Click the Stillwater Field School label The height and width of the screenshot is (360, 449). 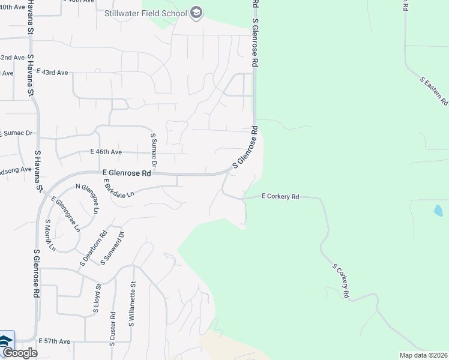click(145, 13)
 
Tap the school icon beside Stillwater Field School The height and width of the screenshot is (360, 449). click(196, 13)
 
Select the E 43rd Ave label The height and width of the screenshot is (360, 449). click(52, 72)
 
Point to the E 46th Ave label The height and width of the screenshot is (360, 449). click(106, 152)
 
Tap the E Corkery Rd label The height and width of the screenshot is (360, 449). click(280, 196)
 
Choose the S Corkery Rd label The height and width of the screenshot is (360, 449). click(340, 281)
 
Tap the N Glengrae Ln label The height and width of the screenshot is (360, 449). click(88, 199)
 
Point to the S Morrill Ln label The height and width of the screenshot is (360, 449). click(50, 235)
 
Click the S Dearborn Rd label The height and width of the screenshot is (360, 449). click(94, 248)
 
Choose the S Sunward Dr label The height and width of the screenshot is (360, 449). click(112, 248)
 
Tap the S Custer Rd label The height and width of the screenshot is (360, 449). click(112, 328)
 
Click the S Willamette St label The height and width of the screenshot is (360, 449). click(132, 305)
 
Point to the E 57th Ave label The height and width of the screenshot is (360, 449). click(55, 341)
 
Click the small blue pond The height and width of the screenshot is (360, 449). click(438, 211)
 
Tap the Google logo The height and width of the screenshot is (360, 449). click(19, 353)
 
